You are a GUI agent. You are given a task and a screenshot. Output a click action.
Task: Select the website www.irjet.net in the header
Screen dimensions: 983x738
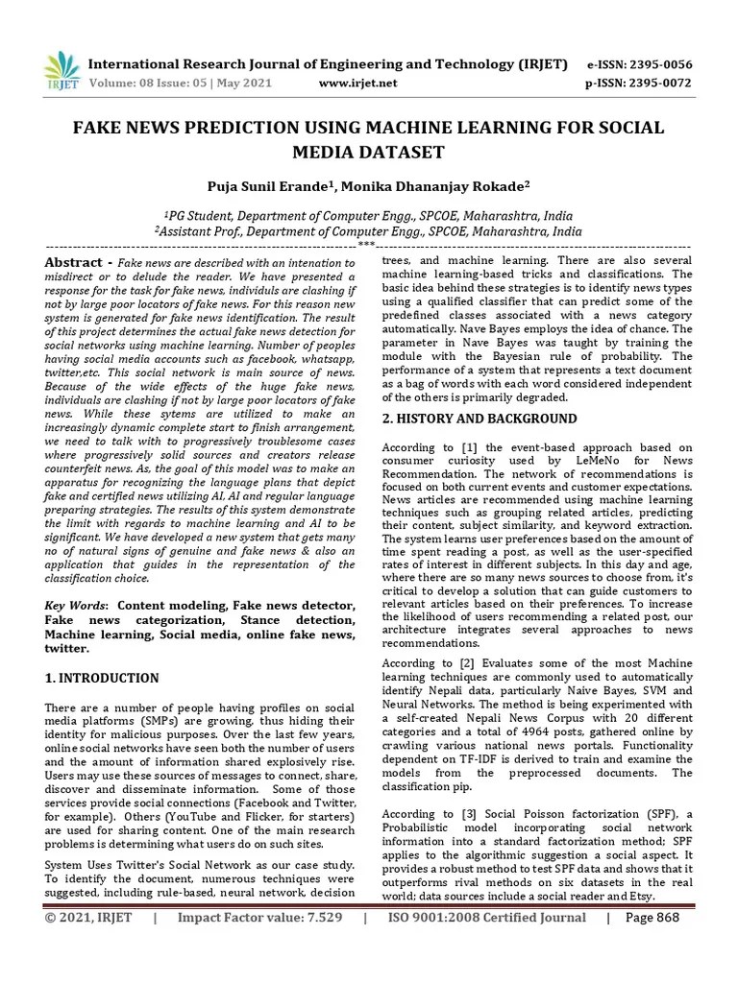tap(357, 84)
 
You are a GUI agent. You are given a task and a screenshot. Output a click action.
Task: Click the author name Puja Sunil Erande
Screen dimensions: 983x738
tap(279, 186)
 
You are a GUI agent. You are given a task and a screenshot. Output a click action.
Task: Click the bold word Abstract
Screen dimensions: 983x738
tap(74, 263)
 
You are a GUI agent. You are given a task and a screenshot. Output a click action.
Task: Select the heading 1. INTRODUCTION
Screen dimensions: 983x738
tap(102, 678)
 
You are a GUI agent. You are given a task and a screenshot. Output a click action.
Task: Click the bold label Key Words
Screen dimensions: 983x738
tap(76, 606)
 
